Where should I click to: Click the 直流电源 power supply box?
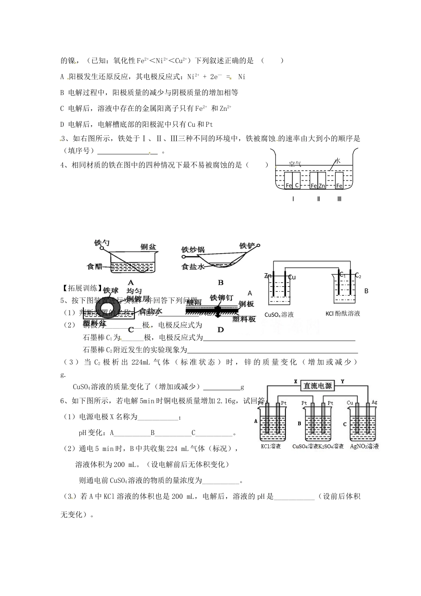317,385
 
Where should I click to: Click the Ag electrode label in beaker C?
374,403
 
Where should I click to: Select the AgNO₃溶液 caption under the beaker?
364,446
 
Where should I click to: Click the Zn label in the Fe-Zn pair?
322,186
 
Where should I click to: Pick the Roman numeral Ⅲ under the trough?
339,199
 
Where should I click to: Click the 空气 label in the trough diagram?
295,164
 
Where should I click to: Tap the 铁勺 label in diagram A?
102,243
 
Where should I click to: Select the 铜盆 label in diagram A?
148,247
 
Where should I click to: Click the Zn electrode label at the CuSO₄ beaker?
268,276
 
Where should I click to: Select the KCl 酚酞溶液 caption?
343,314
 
